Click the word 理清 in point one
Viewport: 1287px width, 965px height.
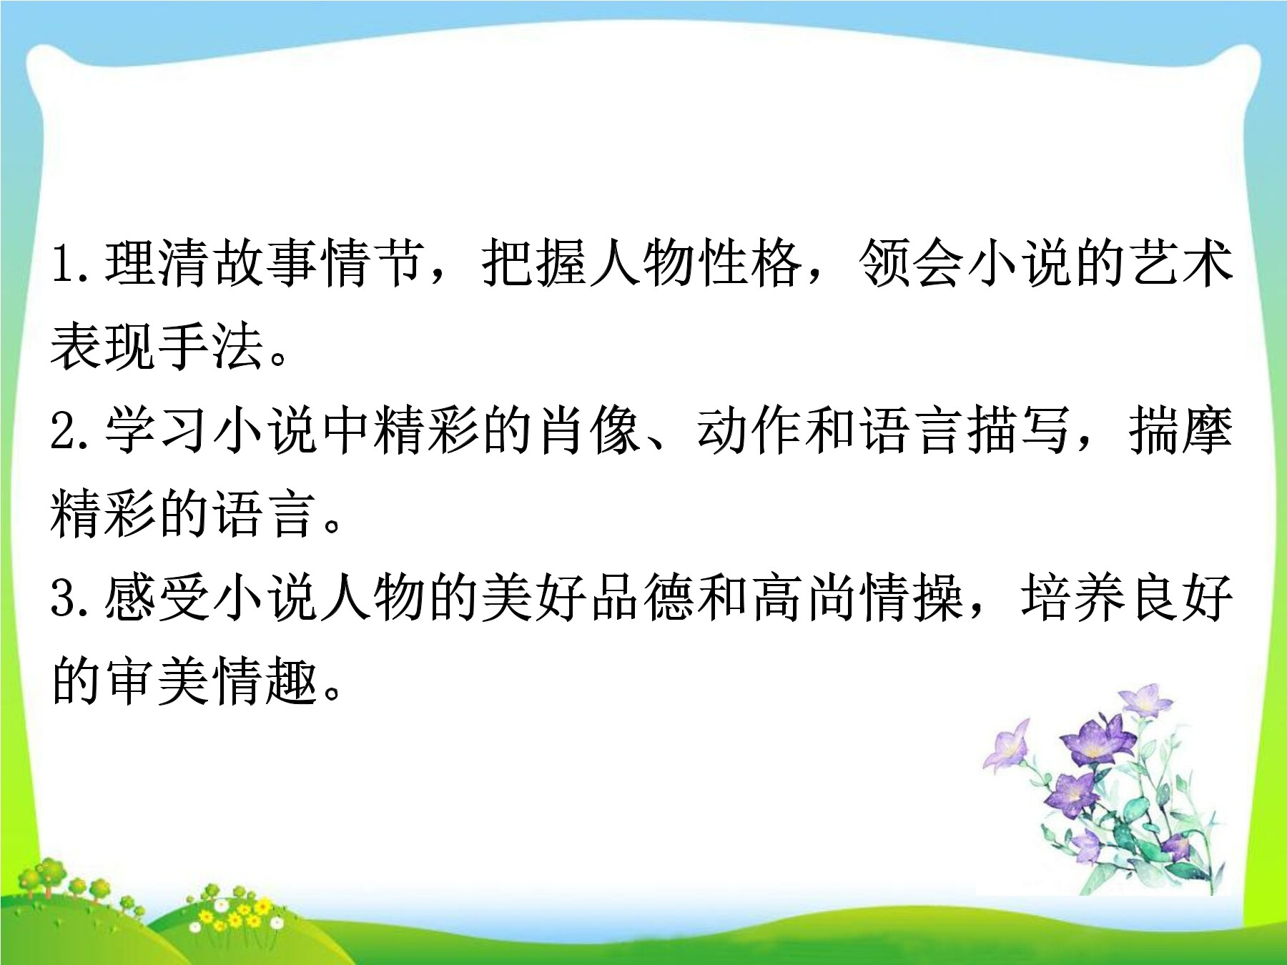point(158,264)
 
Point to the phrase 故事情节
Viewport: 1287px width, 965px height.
point(320,264)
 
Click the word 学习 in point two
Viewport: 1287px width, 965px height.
point(158,430)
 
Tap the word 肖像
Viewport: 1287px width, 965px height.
point(588,430)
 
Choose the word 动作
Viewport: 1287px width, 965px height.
point(750,430)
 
